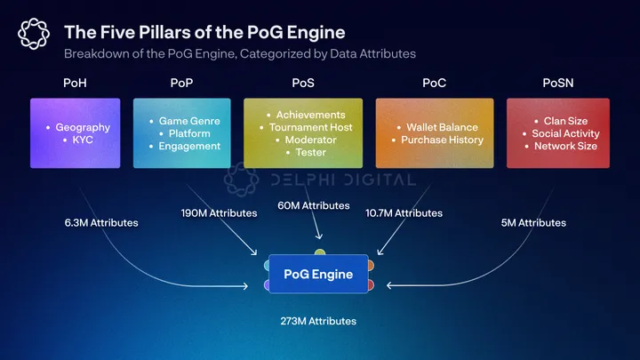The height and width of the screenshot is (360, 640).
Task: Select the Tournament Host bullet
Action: (309, 127)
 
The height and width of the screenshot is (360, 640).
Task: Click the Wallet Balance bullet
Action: (442, 127)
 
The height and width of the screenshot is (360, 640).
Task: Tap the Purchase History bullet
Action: (442, 140)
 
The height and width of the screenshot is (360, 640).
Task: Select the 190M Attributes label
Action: (219, 213)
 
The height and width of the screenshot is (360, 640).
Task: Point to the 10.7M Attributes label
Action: (404, 213)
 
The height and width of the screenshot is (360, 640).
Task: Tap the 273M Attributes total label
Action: (318, 320)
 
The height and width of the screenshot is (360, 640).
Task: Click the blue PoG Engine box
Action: (318, 274)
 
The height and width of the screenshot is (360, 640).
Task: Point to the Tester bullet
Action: (311, 152)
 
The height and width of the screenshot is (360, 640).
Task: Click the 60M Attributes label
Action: (314, 205)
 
